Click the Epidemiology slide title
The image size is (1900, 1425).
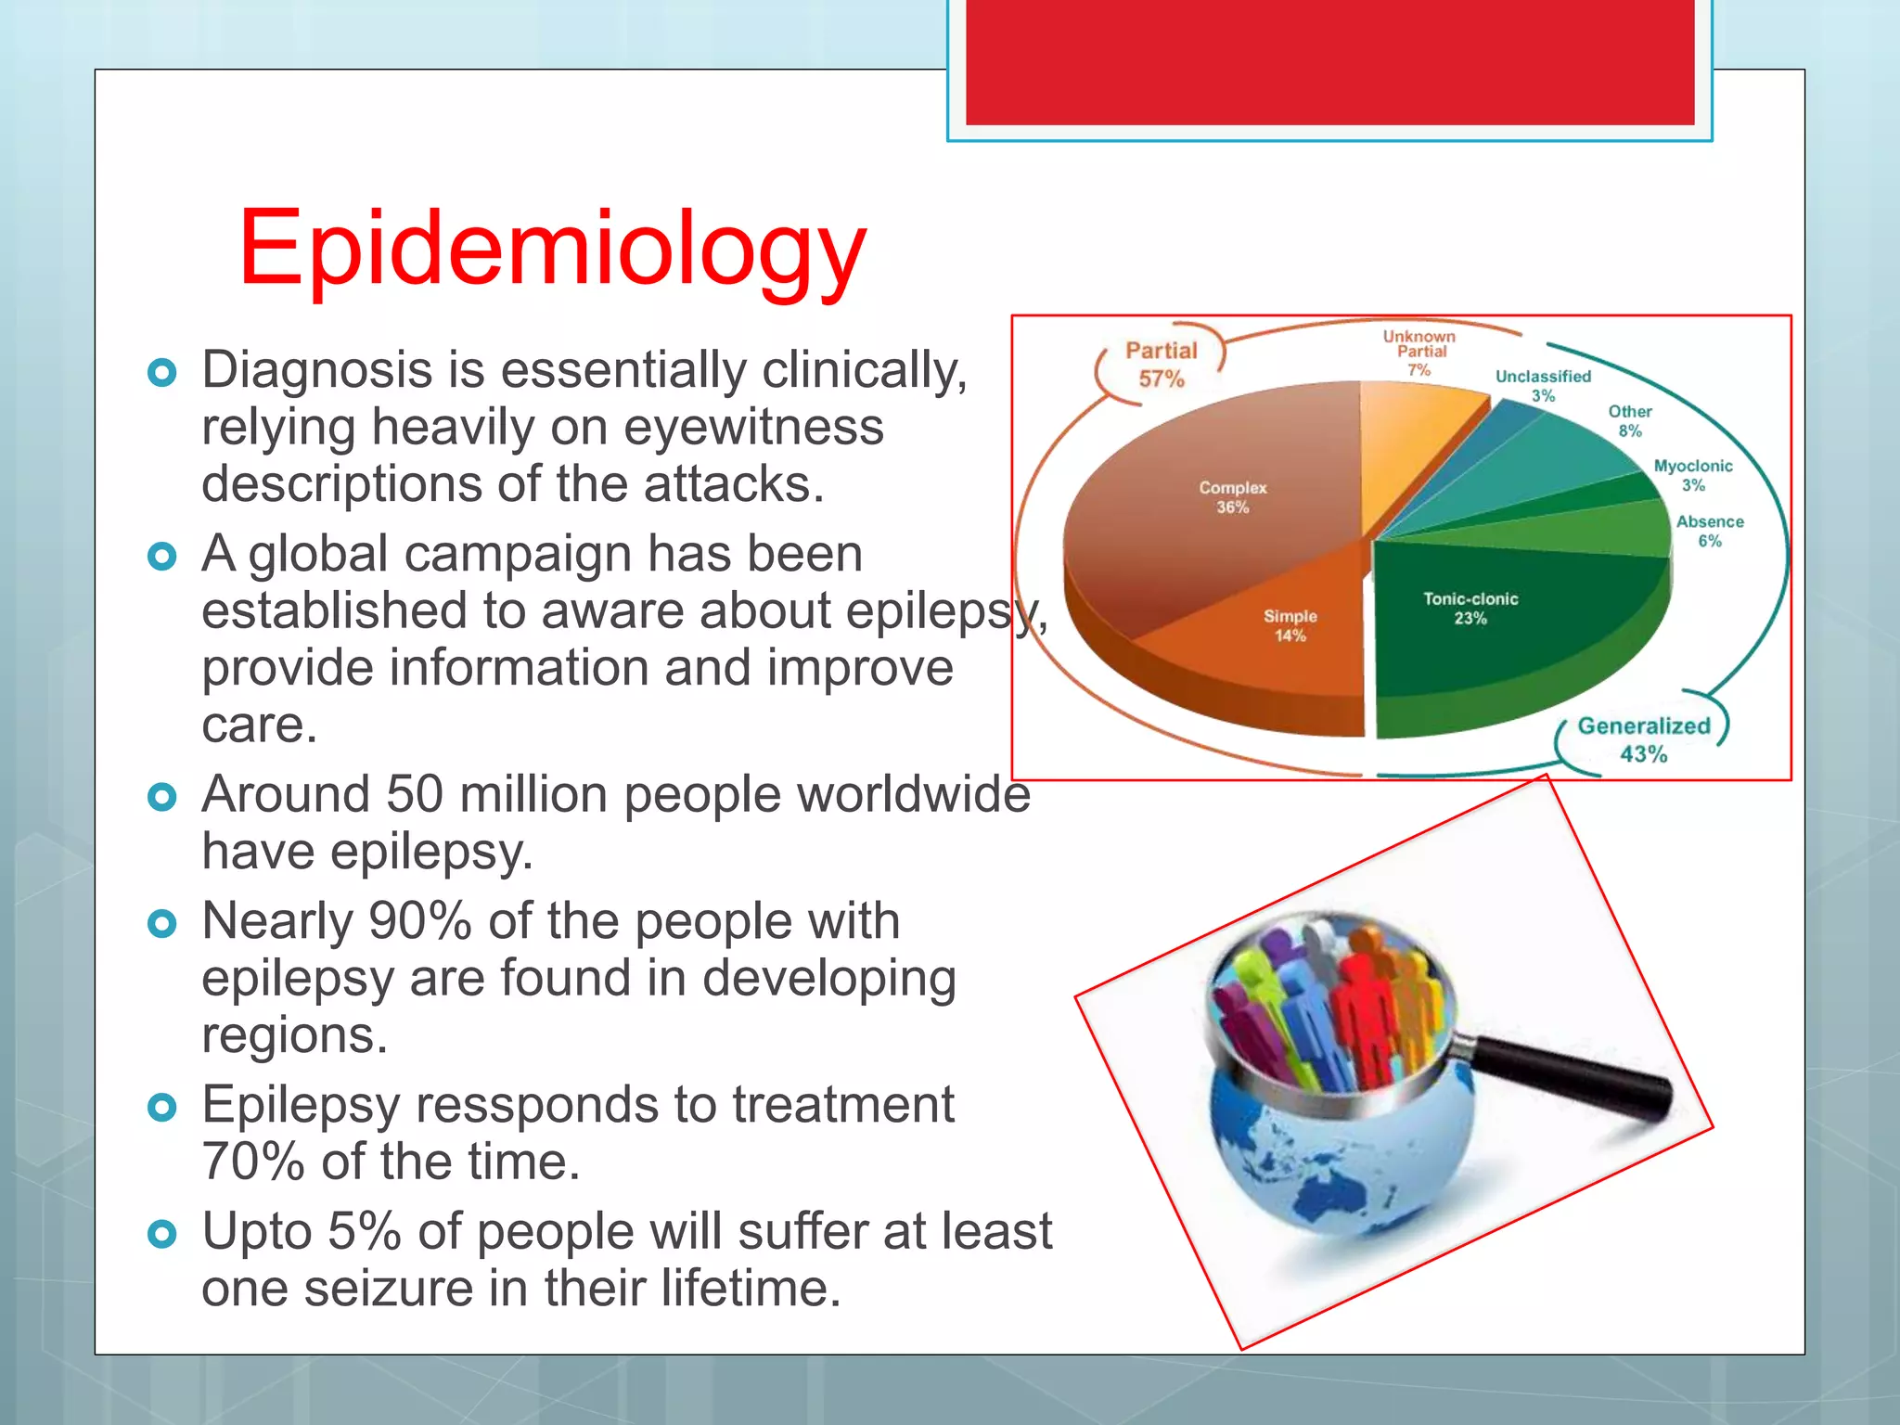552,249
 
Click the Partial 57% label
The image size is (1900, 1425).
1161,365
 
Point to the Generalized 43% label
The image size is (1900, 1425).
1643,739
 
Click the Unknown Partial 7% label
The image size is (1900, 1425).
1419,353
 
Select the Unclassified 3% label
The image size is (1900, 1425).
1543,385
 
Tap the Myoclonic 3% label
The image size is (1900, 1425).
1693,475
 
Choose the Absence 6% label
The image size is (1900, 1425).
1710,531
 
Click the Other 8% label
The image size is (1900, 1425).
1630,420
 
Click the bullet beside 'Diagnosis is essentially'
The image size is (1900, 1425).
162,373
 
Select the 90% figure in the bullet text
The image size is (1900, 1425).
419,921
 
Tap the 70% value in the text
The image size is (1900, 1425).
252,1162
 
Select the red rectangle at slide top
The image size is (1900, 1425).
1329,61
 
